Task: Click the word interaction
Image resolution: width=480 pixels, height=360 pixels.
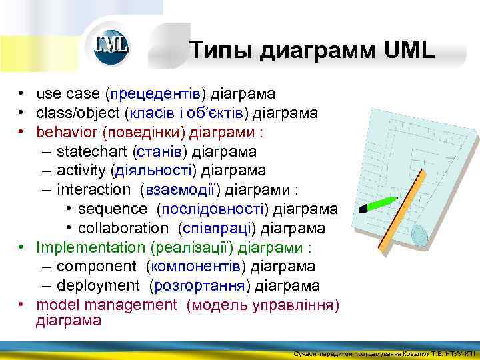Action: (x=94, y=190)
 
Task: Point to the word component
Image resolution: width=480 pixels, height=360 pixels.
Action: (x=97, y=267)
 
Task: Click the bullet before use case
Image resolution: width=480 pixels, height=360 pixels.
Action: (x=22, y=94)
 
